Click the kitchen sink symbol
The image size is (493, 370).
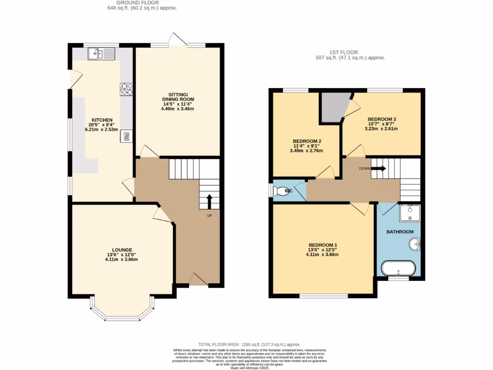click(102, 54)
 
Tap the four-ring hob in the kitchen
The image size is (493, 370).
click(126, 89)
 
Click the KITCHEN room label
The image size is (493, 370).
click(102, 120)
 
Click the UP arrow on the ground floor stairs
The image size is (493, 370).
click(209, 201)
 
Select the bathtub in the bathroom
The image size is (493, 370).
click(398, 268)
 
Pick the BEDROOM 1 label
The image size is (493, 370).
click(323, 245)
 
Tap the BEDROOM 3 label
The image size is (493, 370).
click(382, 119)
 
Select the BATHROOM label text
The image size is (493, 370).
click(400, 232)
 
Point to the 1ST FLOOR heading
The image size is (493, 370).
click(344, 52)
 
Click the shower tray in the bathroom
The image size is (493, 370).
click(410, 212)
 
